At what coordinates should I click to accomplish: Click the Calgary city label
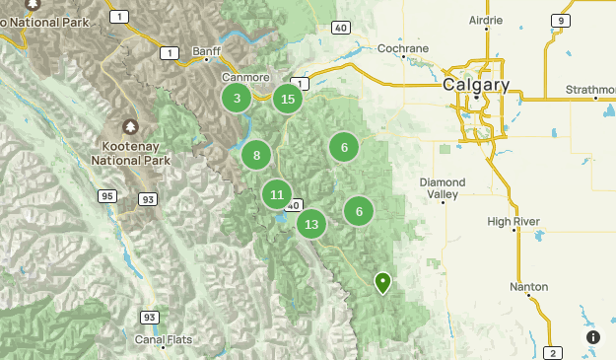[476, 85]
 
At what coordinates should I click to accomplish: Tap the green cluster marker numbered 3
[236, 98]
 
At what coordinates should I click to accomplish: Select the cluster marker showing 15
[287, 99]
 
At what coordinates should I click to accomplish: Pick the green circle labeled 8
[256, 155]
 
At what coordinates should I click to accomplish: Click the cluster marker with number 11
[277, 194]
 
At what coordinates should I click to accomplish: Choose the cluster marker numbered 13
[311, 224]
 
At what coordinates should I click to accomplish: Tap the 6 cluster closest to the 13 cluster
[359, 211]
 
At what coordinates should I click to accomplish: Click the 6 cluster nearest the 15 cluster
[344, 148]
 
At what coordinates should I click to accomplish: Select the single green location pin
[382, 282]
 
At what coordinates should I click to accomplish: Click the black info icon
[593, 337]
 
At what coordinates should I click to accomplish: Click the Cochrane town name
[403, 48]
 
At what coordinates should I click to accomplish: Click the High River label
[513, 222]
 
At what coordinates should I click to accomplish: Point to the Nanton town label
[529, 287]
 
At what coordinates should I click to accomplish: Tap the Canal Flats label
[164, 340]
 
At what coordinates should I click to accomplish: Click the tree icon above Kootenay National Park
[130, 127]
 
